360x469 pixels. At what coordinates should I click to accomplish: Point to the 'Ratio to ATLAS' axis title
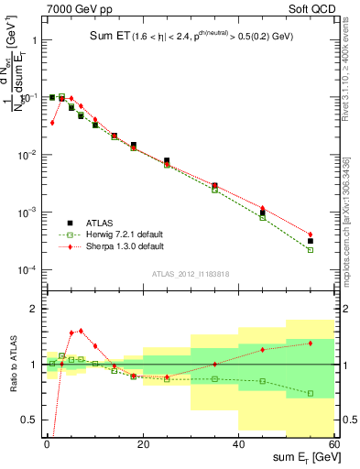[12, 364]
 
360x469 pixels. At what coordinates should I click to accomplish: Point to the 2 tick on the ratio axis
[34, 309]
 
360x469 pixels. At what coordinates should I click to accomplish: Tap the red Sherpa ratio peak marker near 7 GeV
[81, 331]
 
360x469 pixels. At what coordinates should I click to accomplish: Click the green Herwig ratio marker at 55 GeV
[311, 393]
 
